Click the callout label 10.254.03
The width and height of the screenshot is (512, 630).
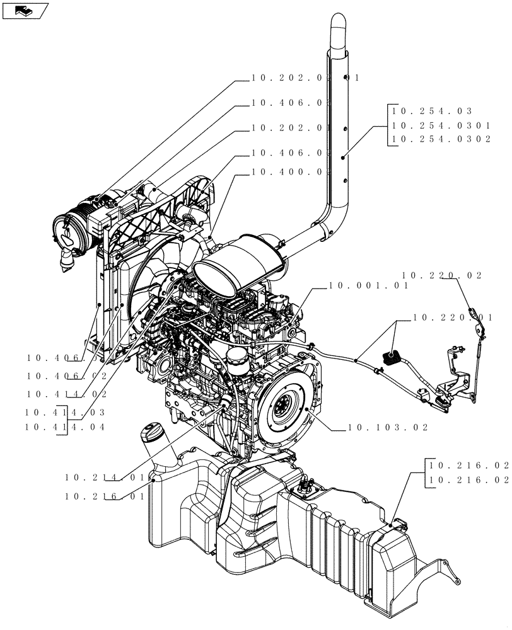428,112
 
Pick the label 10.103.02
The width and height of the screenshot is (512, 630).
388,428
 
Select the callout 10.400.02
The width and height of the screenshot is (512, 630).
291,172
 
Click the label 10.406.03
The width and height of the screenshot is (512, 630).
291,102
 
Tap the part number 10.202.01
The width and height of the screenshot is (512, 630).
291,128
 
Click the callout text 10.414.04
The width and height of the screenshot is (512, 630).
66,427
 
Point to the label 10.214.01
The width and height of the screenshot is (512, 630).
105,478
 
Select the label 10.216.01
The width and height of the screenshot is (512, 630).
105,496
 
